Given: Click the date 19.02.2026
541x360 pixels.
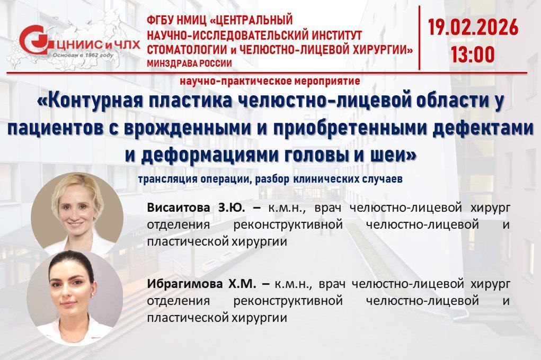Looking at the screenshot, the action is [x=473, y=27].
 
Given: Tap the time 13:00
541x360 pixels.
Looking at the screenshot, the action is [x=473, y=54].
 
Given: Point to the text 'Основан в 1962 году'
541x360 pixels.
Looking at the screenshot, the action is [x=83, y=55].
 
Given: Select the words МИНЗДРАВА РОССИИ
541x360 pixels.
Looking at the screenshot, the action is [x=189, y=64].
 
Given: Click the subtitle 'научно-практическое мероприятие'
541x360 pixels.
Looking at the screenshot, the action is [x=270, y=81].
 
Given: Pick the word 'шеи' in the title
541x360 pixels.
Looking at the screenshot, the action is [x=397, y=155].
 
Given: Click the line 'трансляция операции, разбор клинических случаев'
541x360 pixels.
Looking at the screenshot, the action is [x=270, y=179].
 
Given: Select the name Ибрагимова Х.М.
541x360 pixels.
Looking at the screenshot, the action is [x=202, y=284].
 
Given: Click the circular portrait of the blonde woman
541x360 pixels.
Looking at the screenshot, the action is [x=77, y=214].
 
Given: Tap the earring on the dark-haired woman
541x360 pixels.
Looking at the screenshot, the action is [x=93, y=295].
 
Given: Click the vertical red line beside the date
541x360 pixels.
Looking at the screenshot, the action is [x=420, y=38].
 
